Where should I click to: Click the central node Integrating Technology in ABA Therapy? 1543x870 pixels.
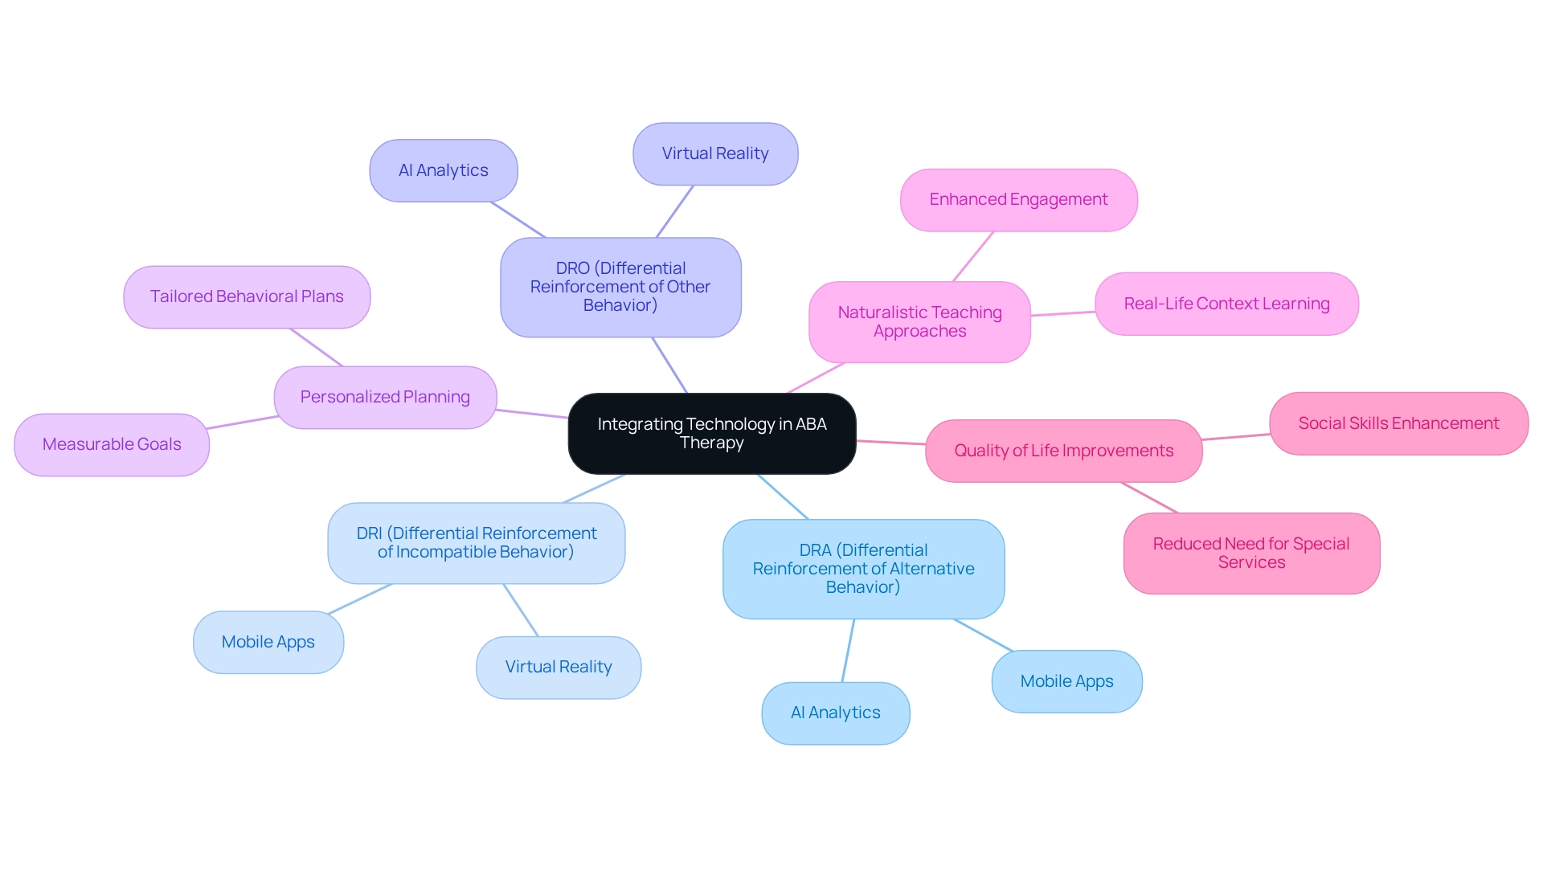[711, 434]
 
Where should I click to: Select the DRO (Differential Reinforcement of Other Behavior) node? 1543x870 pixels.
[620, 287]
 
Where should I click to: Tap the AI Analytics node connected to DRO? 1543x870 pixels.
[443, 170]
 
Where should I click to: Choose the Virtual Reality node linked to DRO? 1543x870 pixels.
[714, 153]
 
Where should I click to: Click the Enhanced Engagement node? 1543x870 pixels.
[1018, 199]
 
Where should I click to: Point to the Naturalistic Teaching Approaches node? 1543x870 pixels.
[919, 321]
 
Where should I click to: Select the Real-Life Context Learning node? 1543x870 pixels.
[1226, 304]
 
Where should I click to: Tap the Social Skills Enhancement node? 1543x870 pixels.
[1398, 423]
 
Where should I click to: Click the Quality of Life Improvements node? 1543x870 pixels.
[1063, 451]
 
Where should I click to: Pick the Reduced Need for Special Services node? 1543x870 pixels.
[1251, 553]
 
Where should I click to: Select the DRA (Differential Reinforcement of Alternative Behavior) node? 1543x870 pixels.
[863, 569]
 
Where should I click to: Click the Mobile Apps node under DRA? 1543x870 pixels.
[1066, 681]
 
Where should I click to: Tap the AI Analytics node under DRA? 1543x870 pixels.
[835, 713]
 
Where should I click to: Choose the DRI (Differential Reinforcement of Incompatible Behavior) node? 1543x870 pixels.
[476, 543]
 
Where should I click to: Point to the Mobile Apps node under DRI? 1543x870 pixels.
[268, 642]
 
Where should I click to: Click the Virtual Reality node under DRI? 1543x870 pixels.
[558, 667]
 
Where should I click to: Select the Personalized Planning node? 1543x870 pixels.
[385, 397]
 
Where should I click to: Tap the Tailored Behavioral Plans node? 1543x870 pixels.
[247, 296]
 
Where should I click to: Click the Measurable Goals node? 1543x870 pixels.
[112, 444]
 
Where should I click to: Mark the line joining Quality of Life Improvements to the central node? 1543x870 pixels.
[890, 442]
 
